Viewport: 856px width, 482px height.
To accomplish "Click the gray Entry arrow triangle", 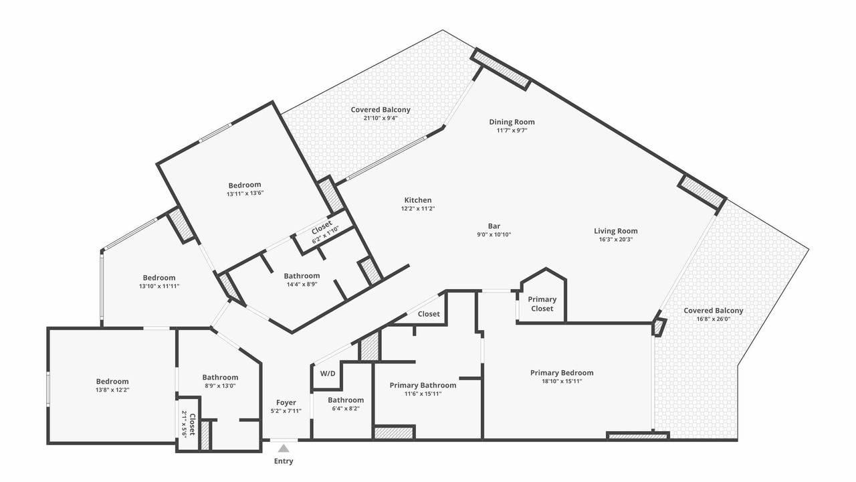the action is [283, 449].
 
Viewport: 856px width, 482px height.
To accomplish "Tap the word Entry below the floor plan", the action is [284, 461].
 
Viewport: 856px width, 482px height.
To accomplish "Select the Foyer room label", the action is [286, 402].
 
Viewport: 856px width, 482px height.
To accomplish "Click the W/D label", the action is [328, 374].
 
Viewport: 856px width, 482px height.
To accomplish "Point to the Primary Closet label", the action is [542, 304].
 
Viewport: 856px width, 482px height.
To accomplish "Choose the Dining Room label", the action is [512, 122].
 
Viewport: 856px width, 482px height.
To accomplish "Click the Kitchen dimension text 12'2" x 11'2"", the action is [418, 208].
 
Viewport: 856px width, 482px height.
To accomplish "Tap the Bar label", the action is [494, 226].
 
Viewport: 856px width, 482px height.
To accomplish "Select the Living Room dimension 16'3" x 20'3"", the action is [616, 240].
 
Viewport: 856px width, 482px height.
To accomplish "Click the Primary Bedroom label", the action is [562, 373].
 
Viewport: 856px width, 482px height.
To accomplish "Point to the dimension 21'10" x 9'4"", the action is [381, 118].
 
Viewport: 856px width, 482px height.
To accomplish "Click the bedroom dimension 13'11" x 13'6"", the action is [245, 193].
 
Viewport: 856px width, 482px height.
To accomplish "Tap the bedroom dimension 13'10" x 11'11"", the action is [159, 286].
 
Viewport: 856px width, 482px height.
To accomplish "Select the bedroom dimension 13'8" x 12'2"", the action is [112, 390].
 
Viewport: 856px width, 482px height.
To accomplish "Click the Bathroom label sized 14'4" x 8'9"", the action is [302, 276].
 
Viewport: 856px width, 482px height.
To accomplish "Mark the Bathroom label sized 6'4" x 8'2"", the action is [346, 400].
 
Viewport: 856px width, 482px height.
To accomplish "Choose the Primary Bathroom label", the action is [423, 385].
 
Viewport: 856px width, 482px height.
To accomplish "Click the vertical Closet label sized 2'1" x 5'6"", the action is [192, 424].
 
